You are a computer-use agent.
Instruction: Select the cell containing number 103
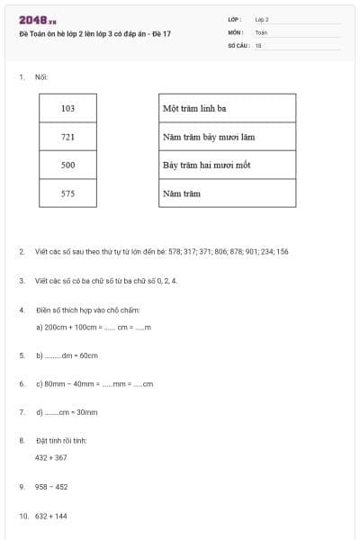[x=68, y=109]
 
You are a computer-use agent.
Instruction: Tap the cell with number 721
[x=68, y=137]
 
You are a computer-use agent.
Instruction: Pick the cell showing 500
[x=68, y=166]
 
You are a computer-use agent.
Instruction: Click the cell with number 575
[x=68, y=193]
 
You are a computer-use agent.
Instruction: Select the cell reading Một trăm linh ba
[x=227, y=109]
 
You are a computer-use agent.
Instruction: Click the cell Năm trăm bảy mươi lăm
[x=227, y=137]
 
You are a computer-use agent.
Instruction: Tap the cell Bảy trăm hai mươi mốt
[x=227, y=166]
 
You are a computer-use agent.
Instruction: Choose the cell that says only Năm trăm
[x=227, y=193]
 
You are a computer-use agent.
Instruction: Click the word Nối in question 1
[x=40, y=77]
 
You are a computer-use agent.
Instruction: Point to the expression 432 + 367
[x=51, y=457]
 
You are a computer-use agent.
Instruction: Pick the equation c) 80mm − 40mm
[x=94, y=383]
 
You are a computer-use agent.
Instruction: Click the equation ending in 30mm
[x=67, y=412]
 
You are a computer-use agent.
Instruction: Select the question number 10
[x=24, y=516]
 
